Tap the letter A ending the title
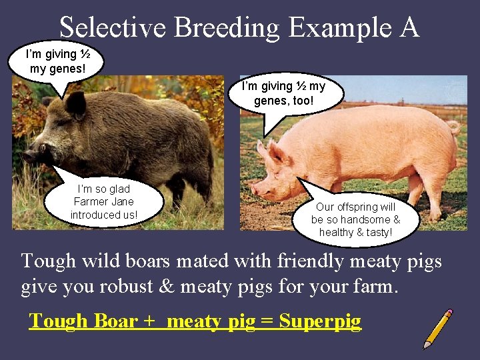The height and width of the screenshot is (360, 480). [x=409, y=27]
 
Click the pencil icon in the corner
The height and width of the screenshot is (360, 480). [x=437, y=328]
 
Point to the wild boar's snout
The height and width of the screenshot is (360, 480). [x=27, y=157]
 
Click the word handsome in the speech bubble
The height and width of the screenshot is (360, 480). [x=367, y=219]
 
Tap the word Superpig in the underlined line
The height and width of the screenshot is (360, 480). [x=320, y=321]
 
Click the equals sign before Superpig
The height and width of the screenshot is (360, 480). [x=267, y=321]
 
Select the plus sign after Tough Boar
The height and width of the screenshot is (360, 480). [x=149, y=321]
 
